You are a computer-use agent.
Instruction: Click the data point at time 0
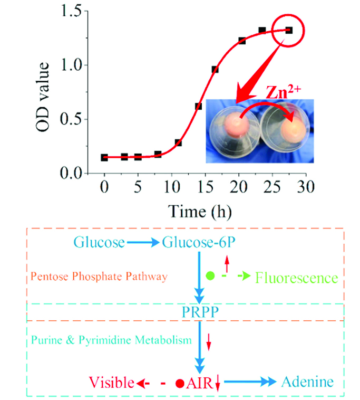[x=104, y=157]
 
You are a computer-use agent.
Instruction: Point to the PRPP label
[x=201, y=311]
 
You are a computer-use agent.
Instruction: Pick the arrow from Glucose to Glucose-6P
[x=143, y=243]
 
